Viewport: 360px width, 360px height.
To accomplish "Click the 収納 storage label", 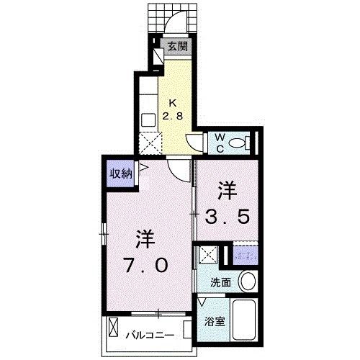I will pyautogui.click(x=121, y=173).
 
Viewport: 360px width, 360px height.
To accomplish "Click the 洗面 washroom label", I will pyautogui.click(x=220, y=283).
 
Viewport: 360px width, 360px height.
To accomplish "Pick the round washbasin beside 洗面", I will pyautogui.click(x=248, y=281).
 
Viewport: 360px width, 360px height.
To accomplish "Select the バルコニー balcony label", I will pyautogui.click(x=152, y=335).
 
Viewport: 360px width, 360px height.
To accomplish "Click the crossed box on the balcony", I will pyautogui.click(x=114, y=330).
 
